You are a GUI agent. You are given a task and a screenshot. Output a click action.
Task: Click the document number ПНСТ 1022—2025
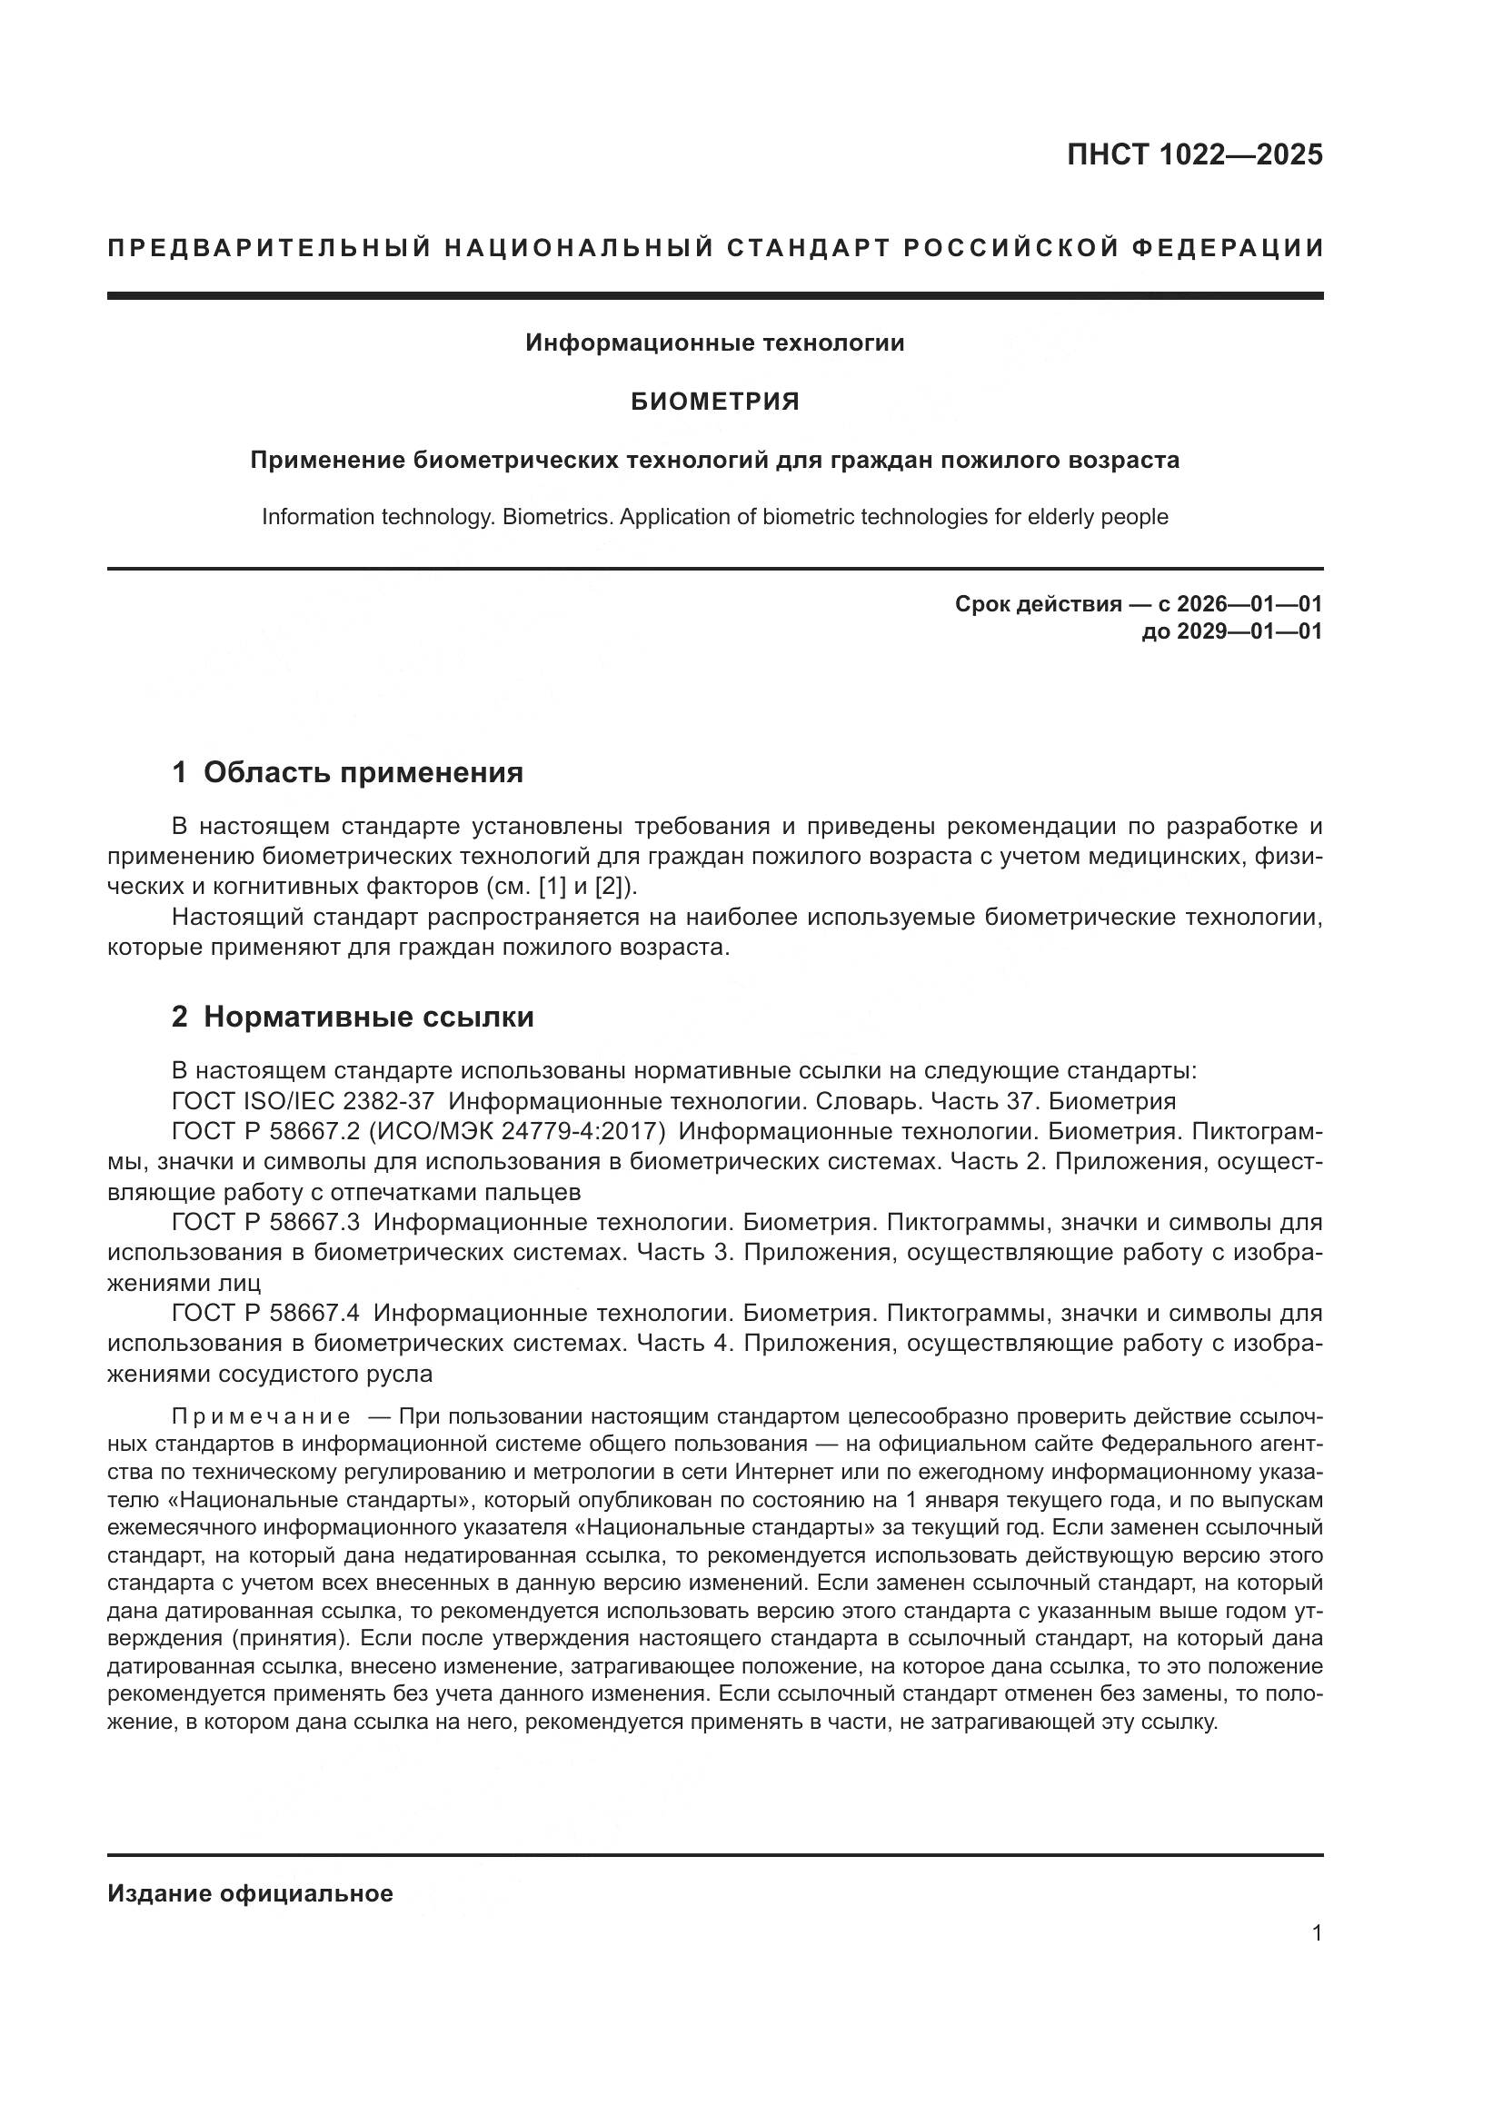click(x=1194, y=154)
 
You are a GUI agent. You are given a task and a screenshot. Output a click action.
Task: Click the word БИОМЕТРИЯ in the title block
click(x=714, y=402)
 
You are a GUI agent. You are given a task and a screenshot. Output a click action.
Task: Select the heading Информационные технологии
click(x=714, y=343)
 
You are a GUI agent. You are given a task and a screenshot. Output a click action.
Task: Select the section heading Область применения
click(x=363, y=772)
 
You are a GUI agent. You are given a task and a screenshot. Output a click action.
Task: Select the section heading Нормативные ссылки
click(x=368, y=1017)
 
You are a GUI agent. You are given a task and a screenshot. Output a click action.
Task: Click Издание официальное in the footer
click(x=250, y=1893)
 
